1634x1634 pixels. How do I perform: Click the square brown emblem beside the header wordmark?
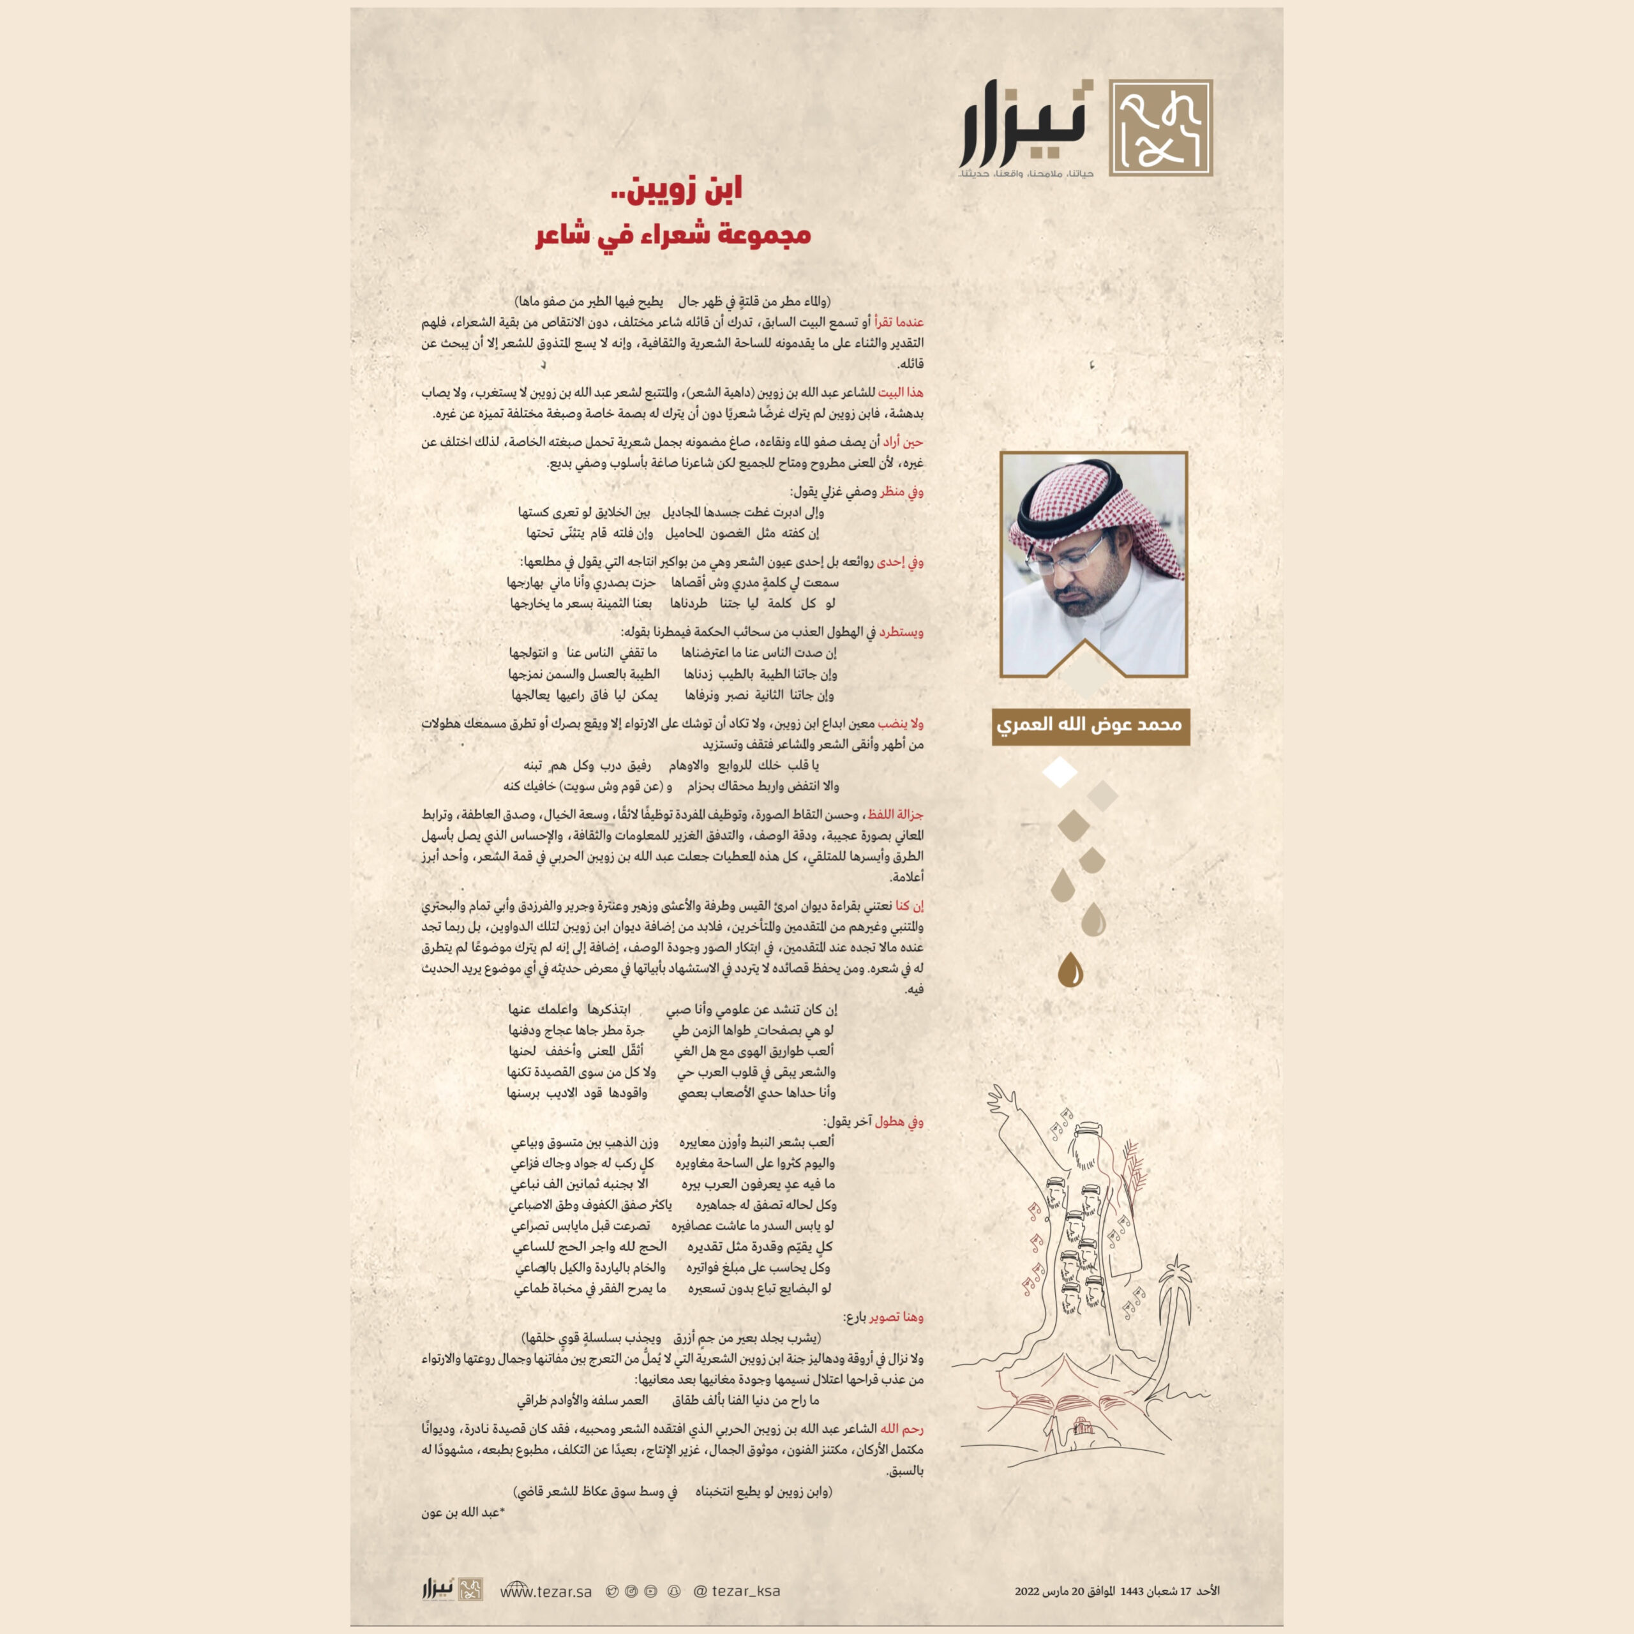[x=1160, y=128]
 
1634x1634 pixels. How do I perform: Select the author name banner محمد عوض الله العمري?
[x=1090, y=726]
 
